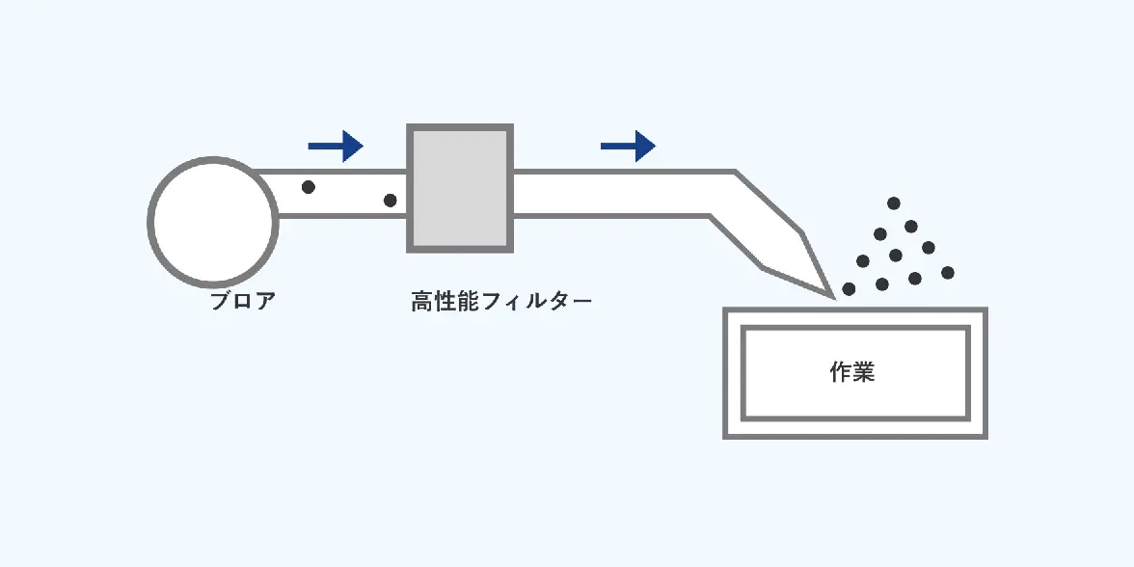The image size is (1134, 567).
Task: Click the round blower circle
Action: (x=213, y=223)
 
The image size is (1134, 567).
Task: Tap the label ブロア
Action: (x=243, y=301)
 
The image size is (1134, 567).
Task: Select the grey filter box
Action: (x=459, y=187)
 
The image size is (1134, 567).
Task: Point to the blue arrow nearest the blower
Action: (x=335, y=147)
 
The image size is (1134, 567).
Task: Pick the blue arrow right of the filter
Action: (x=628, y=147)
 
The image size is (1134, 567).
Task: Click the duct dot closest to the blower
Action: (x=309, y=187)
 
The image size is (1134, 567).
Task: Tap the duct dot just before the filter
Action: (x=390, y=201)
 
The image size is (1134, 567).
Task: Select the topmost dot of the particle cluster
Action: (x=894, y=203)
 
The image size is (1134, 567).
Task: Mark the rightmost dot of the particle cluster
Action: (x=948, y=273)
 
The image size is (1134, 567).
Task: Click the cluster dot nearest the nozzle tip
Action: (x=849, y=288)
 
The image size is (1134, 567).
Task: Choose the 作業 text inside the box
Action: (x=852, y=372)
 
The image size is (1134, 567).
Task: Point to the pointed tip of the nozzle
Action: (x=831, y=294)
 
